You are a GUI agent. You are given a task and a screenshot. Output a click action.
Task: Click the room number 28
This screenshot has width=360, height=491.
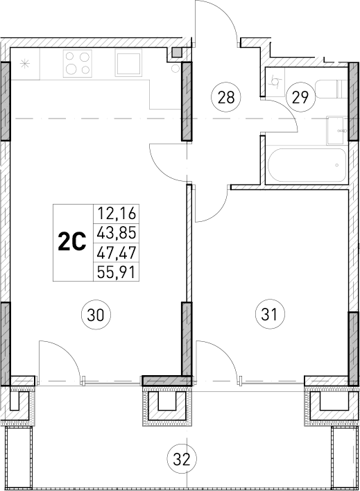225,96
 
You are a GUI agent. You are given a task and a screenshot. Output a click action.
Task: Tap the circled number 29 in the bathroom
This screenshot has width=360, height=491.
300,96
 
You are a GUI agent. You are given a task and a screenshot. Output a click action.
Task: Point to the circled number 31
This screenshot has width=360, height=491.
270,314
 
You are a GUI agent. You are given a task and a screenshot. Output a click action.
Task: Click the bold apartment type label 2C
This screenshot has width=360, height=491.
71,242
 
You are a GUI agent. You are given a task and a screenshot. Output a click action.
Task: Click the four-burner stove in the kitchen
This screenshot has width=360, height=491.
78,64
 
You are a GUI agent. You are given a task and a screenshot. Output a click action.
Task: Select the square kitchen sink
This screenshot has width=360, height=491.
130,64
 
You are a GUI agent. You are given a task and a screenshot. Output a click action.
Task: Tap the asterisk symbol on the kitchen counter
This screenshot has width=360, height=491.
26,64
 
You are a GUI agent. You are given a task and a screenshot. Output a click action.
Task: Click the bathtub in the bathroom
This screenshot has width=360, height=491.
306,166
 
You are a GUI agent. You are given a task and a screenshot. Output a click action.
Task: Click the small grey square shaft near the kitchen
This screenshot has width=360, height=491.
177,52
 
